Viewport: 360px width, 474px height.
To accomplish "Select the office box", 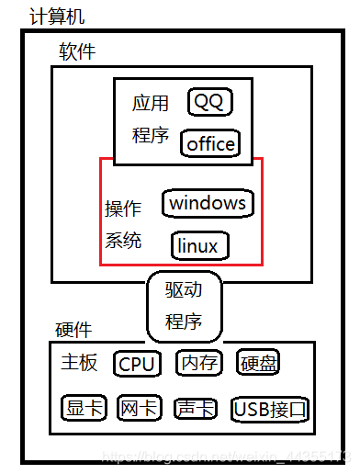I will (x=210, y=143).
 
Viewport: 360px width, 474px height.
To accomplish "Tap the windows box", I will (x=208, y=202).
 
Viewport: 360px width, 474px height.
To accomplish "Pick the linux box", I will (x=199, y=245).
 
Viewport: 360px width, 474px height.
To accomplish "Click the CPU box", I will (x=137, y=364).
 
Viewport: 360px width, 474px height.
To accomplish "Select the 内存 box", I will (x=198, y=363).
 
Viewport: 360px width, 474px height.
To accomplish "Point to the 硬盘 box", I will (x=257, y=363).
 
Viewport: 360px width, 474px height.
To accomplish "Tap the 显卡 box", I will (x=84, y=408).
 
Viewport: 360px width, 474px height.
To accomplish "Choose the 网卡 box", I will (x=139, y=408).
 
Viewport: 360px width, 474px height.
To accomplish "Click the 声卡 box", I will (x=195, y=408).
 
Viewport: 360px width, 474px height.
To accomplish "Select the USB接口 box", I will (x=269, y=409).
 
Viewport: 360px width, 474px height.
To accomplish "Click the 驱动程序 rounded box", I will (x=185, y=306).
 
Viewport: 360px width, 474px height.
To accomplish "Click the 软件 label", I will (x=77, y=51).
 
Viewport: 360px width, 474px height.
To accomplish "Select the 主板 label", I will (x=79, y=363).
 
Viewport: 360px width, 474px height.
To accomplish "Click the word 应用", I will (x=150, y=104).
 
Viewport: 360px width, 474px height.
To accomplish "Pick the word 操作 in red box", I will (x=123, y=209).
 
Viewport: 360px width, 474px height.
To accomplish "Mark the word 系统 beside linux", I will (x=123, y=242).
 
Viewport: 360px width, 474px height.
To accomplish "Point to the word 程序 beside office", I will (x=150, y=136).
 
